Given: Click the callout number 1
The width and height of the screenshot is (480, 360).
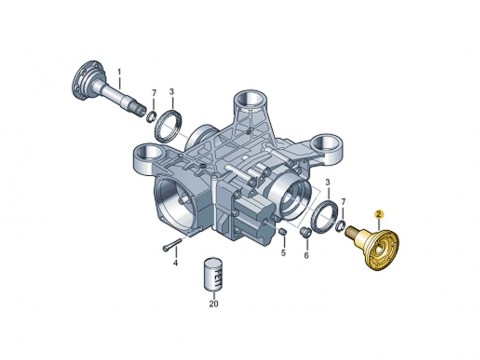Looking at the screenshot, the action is click(119, 72).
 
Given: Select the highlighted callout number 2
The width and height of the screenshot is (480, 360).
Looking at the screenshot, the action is click(378, 214).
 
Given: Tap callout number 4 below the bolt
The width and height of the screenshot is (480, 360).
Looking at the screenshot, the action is click(175, 263).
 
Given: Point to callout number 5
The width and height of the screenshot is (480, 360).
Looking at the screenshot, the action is click(283, 253).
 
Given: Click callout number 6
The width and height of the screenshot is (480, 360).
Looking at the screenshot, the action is click(306, 255).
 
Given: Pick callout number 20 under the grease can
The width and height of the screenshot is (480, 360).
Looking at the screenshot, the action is click(214, 304).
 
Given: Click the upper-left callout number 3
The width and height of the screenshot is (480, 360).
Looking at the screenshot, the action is click(172, 91).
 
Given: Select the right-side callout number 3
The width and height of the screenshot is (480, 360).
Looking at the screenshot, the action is click(328, 182).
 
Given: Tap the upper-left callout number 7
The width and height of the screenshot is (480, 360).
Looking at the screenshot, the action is click(154, 92).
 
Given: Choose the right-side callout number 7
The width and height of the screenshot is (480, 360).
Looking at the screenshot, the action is click(344, 201).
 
